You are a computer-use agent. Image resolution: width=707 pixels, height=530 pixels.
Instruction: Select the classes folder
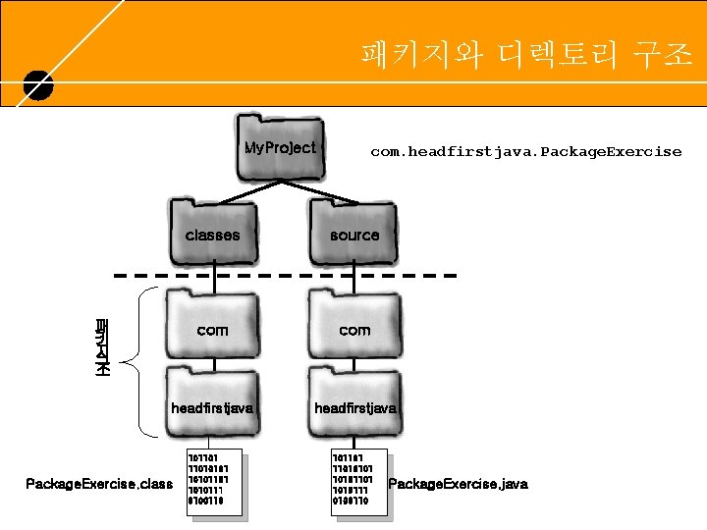[212, 232]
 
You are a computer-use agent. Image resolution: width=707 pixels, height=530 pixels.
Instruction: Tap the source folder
[354, 232]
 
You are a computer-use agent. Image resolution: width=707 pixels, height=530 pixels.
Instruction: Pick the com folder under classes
[212, 324]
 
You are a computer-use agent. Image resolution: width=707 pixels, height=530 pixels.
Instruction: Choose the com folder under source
[354, 324]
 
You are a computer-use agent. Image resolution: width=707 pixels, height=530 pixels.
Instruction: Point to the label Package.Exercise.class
[98, 484]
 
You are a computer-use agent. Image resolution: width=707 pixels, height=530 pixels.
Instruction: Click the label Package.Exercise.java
[459, 484]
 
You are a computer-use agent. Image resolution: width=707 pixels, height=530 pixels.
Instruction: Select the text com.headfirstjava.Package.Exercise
[525, 151]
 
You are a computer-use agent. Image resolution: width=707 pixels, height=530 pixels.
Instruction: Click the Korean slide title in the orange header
[525, 54]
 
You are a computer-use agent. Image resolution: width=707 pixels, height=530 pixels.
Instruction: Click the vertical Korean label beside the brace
[101, 349]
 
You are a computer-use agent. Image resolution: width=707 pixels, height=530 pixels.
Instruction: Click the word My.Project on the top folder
[280, 148]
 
